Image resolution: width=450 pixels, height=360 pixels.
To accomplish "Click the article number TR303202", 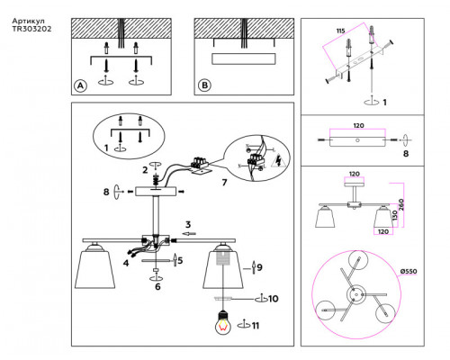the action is pyautogui.click(x=31, y=29).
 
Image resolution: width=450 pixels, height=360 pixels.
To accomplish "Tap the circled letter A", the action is pyautogui.click(x=80, y=86).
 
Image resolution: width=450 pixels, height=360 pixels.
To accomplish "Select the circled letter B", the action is pyautogui.click(x=204, y=85).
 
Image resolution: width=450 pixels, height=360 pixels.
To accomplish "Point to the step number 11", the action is pyautogui.click(x=256, y=326).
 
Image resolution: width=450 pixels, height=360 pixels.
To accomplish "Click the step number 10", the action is pyautogui.click(x=274, y=299).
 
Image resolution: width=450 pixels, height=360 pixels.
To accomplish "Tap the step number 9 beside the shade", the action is pyautogui.click(x=259, y=267).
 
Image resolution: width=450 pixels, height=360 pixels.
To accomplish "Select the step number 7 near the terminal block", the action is pyautogui.click(x=224, y=182).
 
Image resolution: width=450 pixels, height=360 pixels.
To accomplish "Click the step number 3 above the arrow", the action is pyautogui.click(x=188, y=224).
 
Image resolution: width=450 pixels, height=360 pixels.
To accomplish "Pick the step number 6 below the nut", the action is pyautogui.click(x=157, y=286).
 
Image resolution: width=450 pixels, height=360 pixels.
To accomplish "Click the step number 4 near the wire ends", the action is pyautogui.click(x=126, y=263).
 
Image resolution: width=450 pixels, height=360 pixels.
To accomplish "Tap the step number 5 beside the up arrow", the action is pyautogui.click(x=180, y=260).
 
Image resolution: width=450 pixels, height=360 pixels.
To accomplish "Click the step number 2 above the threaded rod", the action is pyautogui.click(x=145, y=170).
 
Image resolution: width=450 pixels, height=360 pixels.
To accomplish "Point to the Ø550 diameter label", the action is pyautogui.click(x=409, y=271).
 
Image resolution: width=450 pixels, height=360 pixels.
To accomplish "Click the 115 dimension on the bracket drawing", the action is pyautogui.click(x=340, y=31).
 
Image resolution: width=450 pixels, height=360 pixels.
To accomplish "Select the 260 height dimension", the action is pyautogui.click(x=401, y=204).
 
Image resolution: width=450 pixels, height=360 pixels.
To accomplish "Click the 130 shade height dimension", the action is pyautogui.click(x=395, y=215).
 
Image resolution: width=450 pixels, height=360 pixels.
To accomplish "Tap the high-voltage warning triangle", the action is pyautogui.click(x=278, y=160).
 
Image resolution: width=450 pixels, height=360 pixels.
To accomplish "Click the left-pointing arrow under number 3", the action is pyautogui.click(x=189, y=233).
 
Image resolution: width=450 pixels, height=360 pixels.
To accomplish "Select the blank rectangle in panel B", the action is pyautogui.click(x=243, y=58).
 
